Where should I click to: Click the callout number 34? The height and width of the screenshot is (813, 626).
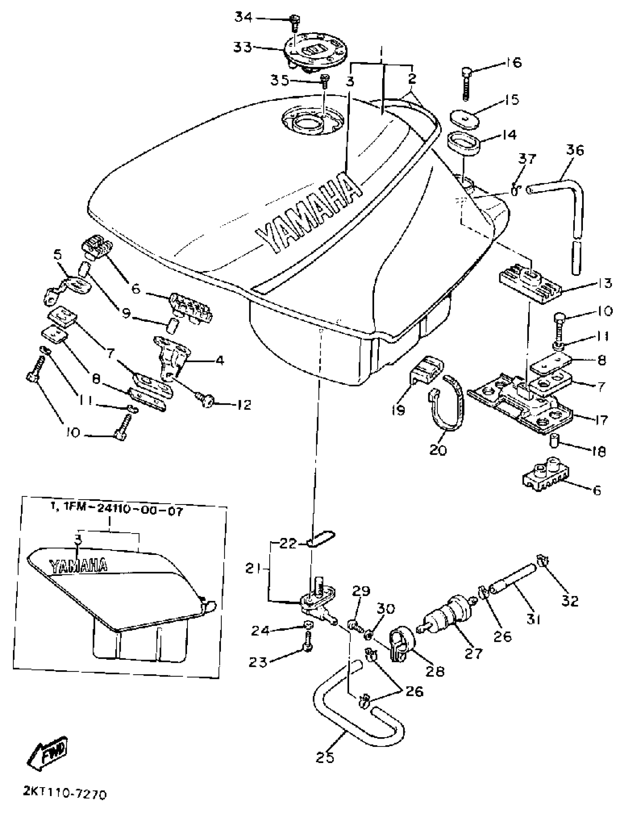244,17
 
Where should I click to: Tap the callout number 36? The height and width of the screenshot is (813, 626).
575,150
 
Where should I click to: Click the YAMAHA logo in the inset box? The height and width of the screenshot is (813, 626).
78,566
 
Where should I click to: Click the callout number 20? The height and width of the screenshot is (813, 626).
437,450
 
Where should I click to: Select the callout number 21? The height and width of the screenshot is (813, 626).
254,569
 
